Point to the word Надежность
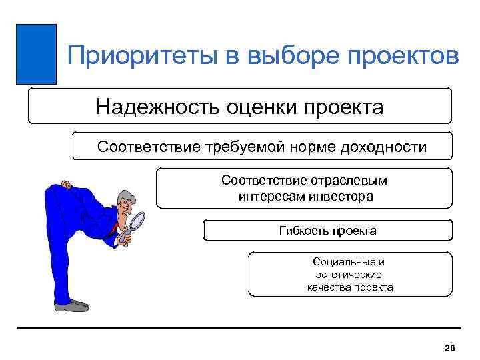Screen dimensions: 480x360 pyautogui.click(x=154, y=107)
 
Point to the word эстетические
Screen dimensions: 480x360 pyautogui.click(x=349, y=275)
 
